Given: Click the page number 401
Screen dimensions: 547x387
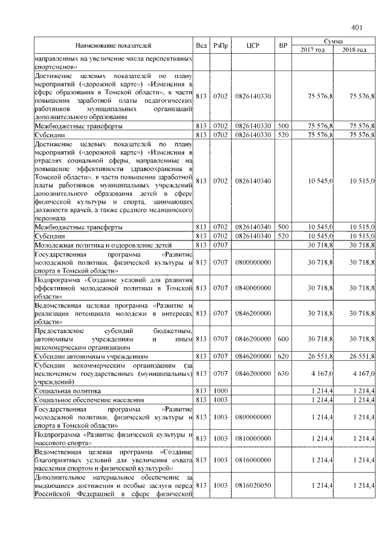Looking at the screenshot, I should pos(356,27).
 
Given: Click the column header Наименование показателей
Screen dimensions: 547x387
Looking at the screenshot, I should pos(113,45).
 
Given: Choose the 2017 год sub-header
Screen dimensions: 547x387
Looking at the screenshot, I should pos(313,50).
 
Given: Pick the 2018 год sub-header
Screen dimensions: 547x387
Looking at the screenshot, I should pos(354,50).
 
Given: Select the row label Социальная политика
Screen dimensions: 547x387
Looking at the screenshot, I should pos(69,392).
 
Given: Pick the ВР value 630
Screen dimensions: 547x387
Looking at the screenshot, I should pos(282,374).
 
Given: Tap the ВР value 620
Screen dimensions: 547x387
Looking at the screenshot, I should pos(282,357).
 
